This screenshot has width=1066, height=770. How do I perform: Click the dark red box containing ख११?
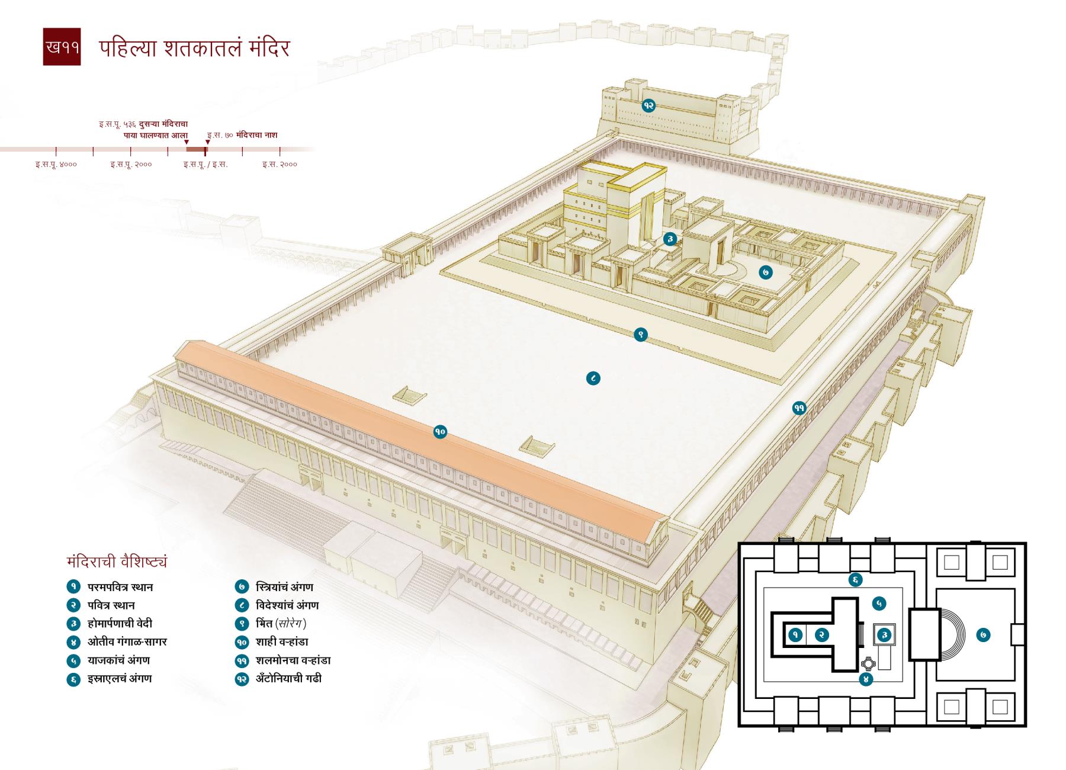pos(62,47)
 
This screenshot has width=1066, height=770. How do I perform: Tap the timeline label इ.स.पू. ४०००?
pos(56,164)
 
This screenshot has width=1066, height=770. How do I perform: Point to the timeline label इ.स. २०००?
pos(280,164)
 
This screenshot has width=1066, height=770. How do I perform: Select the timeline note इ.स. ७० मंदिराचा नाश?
pos(242,135)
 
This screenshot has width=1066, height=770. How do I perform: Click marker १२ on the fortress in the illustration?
pos(648,105)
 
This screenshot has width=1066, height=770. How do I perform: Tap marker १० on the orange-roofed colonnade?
pos(439,432)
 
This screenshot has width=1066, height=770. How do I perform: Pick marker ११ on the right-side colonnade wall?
pos(799,408)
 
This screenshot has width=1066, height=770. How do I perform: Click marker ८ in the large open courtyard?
pos(593,378)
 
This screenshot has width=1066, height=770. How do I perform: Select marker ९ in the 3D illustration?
pos(640,335)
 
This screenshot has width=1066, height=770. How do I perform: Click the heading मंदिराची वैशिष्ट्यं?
pos(117,561)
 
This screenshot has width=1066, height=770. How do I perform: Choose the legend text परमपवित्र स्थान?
pos(120,587)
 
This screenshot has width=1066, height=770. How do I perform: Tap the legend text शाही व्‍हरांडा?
pos(282,641)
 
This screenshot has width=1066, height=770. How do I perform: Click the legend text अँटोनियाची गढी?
pos(289,678)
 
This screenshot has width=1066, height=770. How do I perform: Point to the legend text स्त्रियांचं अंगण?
pos(284,587)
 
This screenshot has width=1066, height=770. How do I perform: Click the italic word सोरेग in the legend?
pos(291,623)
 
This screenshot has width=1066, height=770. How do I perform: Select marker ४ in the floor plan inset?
pos(865,679)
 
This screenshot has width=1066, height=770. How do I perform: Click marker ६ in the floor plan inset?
pos(855,580)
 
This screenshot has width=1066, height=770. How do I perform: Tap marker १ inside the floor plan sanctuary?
pos(795,635)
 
